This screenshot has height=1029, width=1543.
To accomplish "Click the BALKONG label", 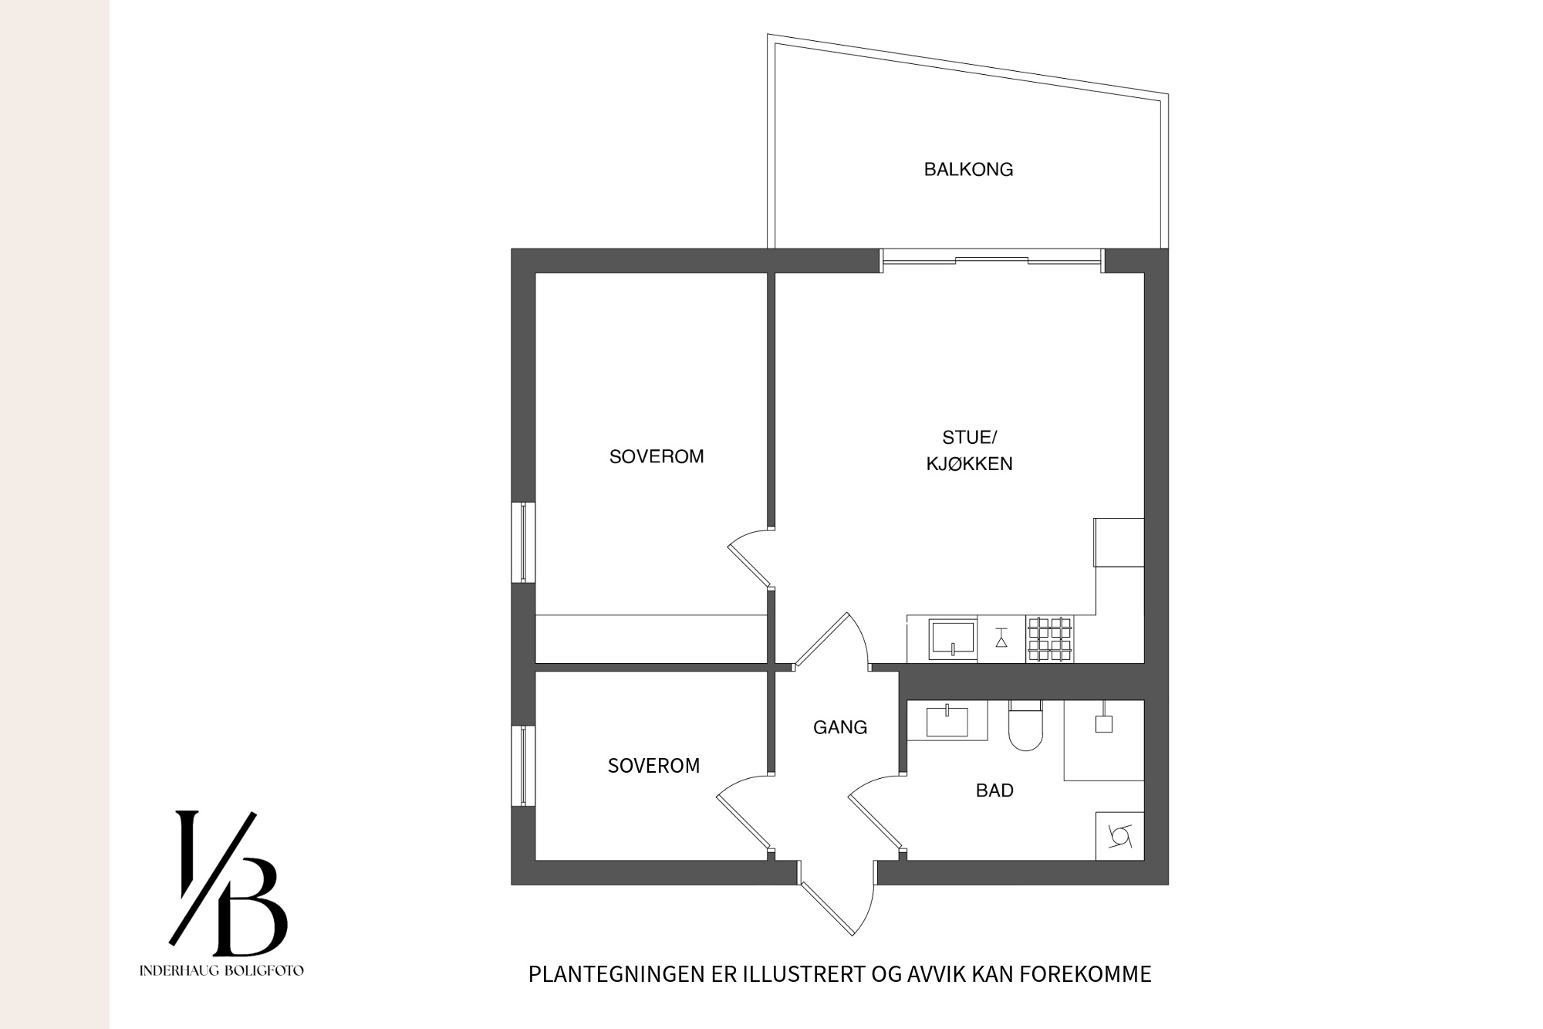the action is (x=968, y=170).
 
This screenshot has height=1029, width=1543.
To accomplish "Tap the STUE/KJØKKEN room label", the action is (x=970, y=451).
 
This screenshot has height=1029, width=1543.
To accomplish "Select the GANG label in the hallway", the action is (x=840, y=727).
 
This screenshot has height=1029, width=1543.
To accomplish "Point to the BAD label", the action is (x=994, y=790).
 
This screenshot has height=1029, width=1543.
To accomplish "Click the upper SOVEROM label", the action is (x=657, y=457).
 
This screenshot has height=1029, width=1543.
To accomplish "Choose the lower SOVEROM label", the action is (x=653, y=766).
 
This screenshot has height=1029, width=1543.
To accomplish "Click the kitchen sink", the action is (x=953, y=639).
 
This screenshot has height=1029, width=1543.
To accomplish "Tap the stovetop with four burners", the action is (x=1049, y=639).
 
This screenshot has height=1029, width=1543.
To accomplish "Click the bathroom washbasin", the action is (x=947, y=720).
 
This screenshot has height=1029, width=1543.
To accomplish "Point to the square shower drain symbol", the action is (x=1104, y=724).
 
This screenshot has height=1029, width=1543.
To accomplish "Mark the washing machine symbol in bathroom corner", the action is (x=1120, y=836).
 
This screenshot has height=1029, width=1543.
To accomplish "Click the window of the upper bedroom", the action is (x=524, y=542).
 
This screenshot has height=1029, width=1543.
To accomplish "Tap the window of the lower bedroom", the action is (x=524, y=766).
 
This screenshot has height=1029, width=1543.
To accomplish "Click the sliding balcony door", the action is (x=992, y=261).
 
